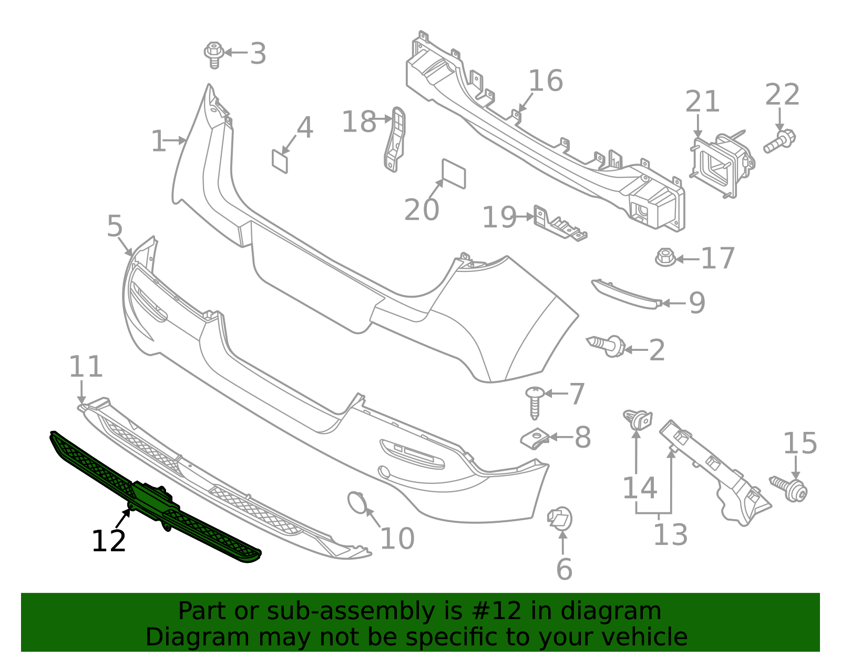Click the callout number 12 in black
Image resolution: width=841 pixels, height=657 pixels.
pos(109,541)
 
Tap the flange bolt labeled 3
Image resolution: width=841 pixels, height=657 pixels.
pos(214,54)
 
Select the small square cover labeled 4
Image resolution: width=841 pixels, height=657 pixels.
pos(280,161)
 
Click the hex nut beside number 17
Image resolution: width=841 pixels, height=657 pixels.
pos(665,258)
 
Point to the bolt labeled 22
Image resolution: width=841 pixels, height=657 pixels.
pos(780,141)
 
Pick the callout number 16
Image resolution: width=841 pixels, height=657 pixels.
pos(546,81)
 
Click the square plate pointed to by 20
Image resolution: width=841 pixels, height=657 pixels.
pos(454,174)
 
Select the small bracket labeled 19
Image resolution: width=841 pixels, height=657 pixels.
pos(559,225)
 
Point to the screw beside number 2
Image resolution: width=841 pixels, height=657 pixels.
pos(608,345)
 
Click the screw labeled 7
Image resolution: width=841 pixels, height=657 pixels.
pos(535,402)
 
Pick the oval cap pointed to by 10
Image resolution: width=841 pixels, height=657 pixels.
pos(357,502)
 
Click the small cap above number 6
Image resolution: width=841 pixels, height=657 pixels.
pos(560,518)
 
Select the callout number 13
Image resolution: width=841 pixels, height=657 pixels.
pos(670,535)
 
